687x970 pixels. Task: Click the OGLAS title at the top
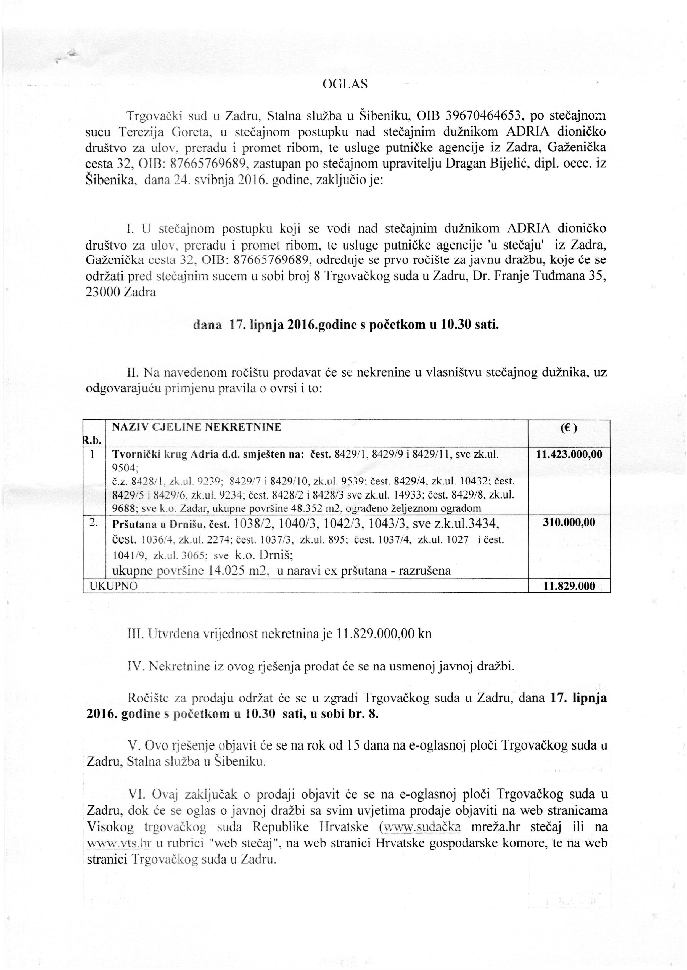[345, 84]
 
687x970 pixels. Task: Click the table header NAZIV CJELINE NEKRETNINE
[196, 427]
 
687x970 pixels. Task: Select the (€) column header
[569, 428]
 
